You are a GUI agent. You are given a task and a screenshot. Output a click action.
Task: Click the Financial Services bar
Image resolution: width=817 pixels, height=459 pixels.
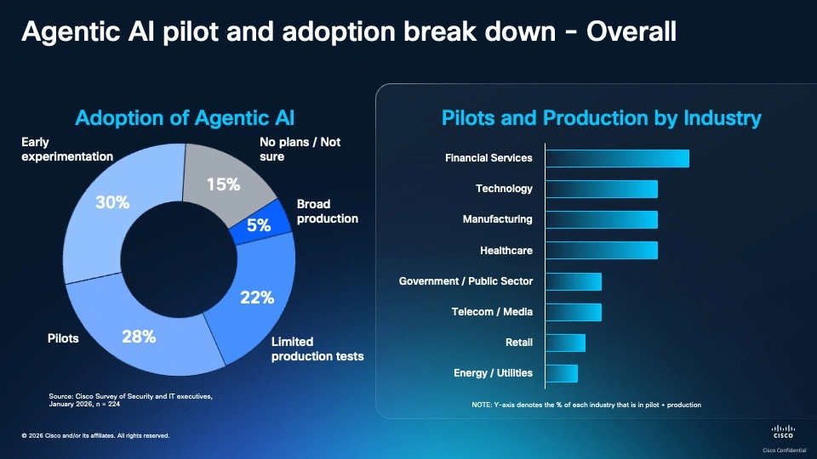tap(617, 158)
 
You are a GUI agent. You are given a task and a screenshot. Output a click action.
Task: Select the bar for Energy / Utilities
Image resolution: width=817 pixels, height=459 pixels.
tap(561, 373)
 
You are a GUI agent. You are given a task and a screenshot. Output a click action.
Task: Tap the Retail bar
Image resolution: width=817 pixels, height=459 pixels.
tap(565, 343)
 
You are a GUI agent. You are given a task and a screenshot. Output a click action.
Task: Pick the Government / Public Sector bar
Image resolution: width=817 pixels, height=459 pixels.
tap(573, 281)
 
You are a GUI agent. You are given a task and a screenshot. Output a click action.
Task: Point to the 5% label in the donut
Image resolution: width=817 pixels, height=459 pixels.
tap(259, 225)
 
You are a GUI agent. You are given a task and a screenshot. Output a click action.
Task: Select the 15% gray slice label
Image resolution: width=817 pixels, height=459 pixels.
tap(223, 184)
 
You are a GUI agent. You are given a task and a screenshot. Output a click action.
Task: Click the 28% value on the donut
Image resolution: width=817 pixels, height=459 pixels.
tap(139, 337)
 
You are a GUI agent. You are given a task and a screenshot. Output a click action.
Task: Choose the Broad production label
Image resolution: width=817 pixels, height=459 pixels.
tap(327, 212)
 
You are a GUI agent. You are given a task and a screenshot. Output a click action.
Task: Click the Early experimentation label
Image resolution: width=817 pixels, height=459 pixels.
tap(67, 150)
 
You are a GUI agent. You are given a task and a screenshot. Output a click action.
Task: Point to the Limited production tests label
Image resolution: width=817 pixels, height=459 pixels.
tap(317, 349)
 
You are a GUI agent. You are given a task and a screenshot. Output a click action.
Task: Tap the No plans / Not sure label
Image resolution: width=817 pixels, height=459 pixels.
tap(300, 150)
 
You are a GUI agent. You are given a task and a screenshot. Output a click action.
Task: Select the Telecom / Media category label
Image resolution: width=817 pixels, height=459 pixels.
tap(492, 312)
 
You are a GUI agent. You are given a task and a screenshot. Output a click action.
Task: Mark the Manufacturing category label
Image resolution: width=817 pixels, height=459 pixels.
tap(497, 219)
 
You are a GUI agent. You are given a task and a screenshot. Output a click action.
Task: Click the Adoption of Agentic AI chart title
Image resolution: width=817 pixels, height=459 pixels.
tap(185, 118)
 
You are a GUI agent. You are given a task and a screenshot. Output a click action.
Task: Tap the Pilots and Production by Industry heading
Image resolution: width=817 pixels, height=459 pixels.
tap(601, 118)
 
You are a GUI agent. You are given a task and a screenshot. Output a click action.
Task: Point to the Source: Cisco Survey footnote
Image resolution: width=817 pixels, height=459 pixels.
tap(129, 400)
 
